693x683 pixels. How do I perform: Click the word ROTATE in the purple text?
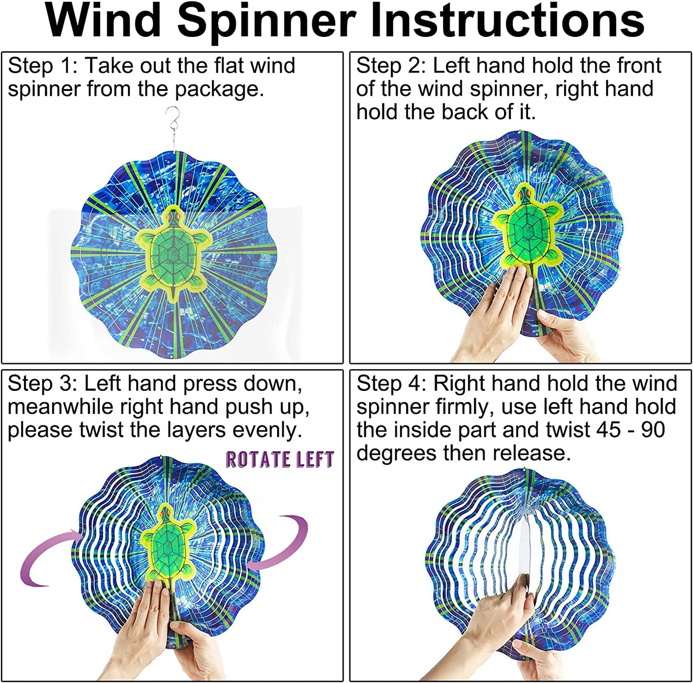258,459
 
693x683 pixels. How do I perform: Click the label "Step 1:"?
42,66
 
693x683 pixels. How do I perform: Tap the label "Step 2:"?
391,66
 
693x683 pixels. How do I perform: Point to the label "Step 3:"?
42,384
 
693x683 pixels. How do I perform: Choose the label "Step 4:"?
391,384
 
